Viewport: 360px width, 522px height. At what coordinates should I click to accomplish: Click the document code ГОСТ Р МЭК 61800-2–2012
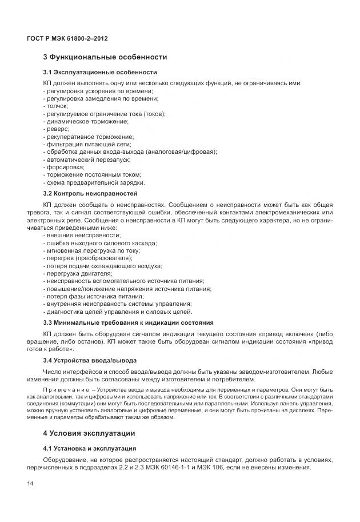[x=67, y=38]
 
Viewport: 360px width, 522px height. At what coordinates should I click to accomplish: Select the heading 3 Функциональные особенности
[x=105, y=57]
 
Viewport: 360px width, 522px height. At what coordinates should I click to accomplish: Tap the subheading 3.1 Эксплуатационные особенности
[x=100, y=73]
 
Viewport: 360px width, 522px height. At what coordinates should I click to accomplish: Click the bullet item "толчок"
[x=56, y=106]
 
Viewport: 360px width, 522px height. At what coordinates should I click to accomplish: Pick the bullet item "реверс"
[x=56, y=129]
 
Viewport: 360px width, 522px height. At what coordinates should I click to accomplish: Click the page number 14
[x=30, y=484]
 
